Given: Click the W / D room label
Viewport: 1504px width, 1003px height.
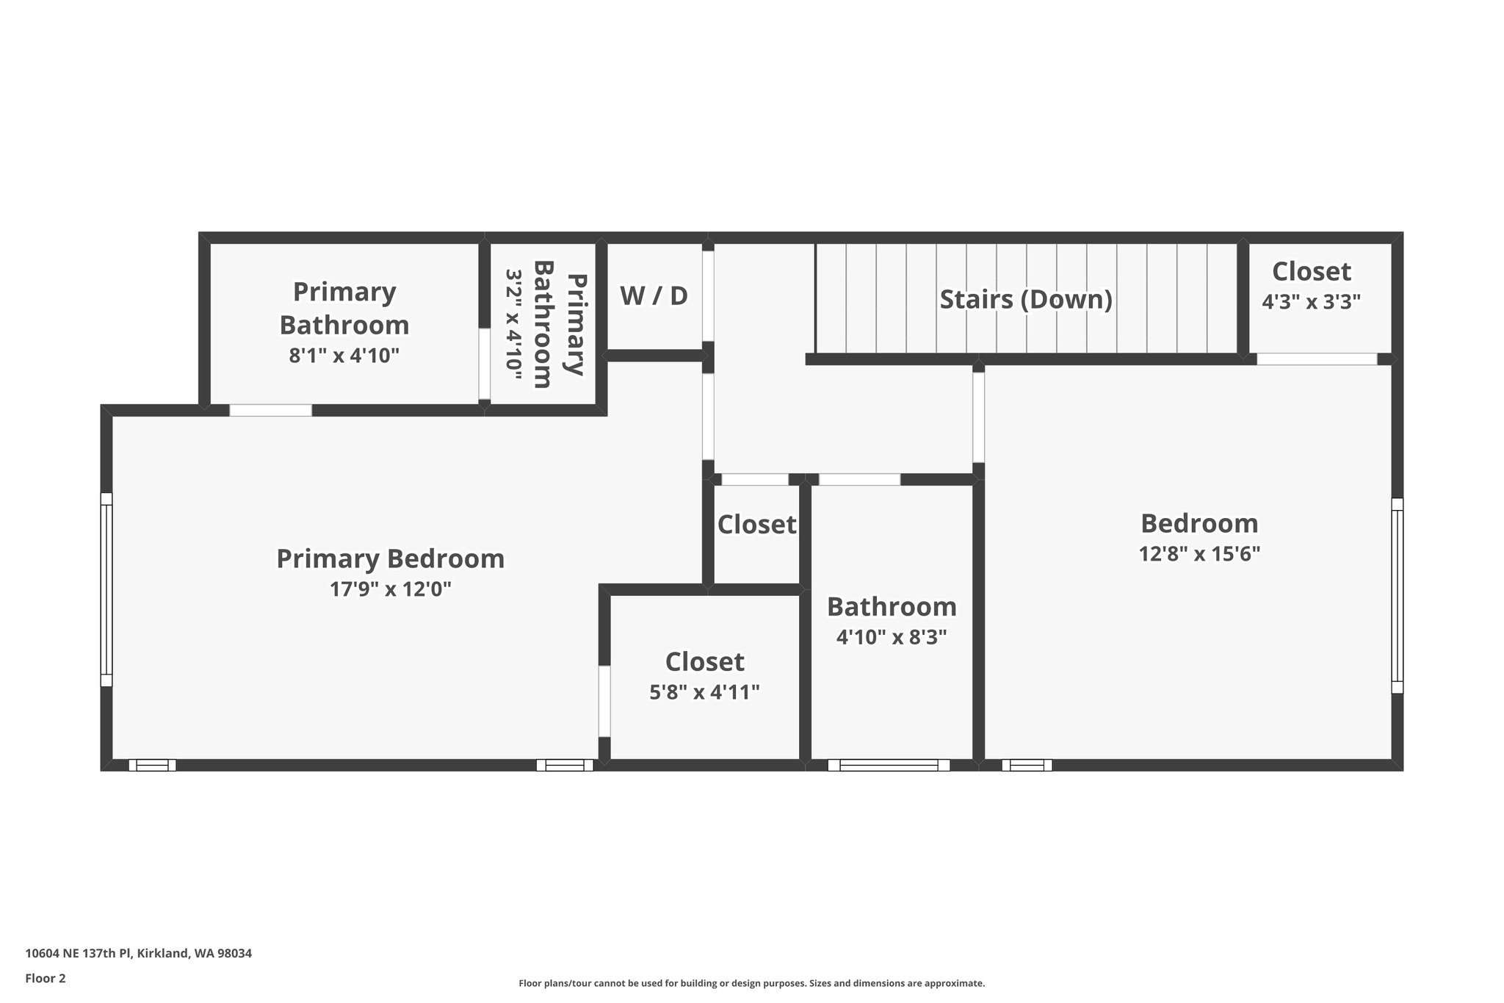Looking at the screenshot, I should click(x=654, y=296).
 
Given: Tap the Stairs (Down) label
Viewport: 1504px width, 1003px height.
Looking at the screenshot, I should click(x=1026, y=300).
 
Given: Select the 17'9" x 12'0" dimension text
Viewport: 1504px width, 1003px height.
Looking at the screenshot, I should click(x=390, y=589).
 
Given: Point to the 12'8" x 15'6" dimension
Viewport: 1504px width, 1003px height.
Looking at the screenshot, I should click(x=1199, y=554).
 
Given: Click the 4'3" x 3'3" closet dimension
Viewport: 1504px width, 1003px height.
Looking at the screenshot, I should click(x=1311, y=302).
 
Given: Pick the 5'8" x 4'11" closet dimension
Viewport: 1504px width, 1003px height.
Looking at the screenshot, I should click(x=704, y=692).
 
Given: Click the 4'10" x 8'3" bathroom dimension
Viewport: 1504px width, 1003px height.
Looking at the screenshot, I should click(x=891, y=637).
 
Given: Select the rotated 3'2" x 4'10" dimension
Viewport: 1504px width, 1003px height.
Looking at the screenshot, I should click(x=513, y=324).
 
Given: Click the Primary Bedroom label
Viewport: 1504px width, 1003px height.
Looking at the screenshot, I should click(x=390, y=558).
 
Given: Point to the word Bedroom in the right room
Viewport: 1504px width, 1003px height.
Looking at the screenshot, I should click(x=1199, y=523).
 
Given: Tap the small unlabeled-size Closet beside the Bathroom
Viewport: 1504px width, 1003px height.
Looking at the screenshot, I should click(x=756, y=525).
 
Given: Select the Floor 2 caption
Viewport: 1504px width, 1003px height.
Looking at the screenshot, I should click(x=46, y=978).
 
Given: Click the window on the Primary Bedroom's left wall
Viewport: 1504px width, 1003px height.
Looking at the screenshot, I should click(x=106, y=589).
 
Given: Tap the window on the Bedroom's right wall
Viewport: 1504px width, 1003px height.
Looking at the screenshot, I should click(x=1397, y=596).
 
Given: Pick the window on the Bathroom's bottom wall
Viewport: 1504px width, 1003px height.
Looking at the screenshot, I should click(x=889, y=765).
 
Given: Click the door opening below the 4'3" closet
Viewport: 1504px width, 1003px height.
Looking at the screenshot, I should click(x=1316, y=359).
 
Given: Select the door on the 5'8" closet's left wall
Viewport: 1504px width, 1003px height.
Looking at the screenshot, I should click(x=604, y=701).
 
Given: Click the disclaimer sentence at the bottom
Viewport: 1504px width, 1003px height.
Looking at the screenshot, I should click(x=751, y=983).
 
